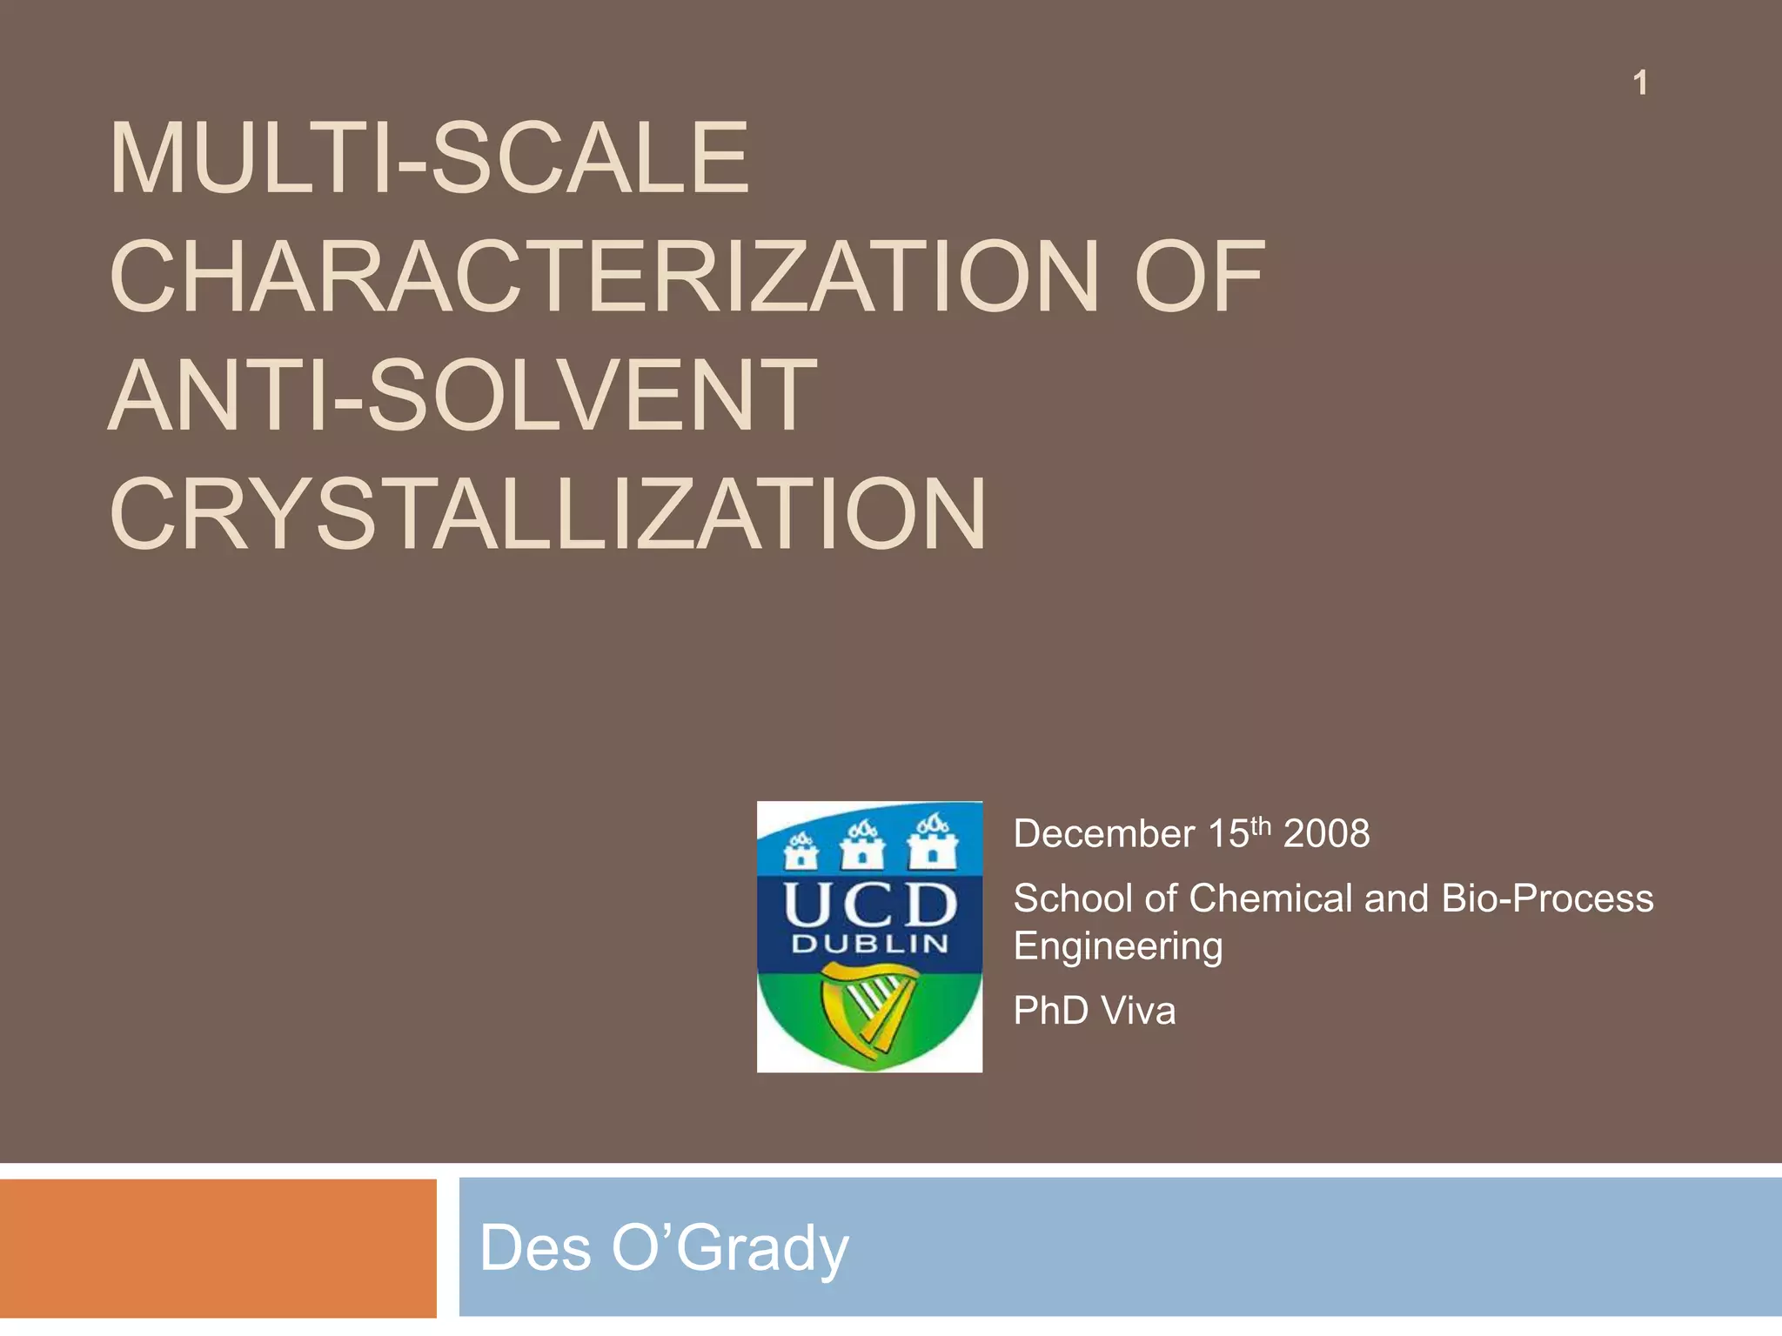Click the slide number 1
coord(1639,83)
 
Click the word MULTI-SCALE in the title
coord(428,159)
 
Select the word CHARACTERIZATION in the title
coord(605,277)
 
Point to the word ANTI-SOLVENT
coord(462,396)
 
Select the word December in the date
coord(1103,834)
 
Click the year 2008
coord(1326,834)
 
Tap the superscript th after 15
coord(1261,825)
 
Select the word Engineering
coord(1118,946)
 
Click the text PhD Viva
coord(1094,1011)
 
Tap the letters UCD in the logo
coord(868,905)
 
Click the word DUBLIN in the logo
coord(868,945)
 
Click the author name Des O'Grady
coord(663,1248)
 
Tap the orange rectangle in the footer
coord(218,1248)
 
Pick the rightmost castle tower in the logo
coord(931,841)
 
